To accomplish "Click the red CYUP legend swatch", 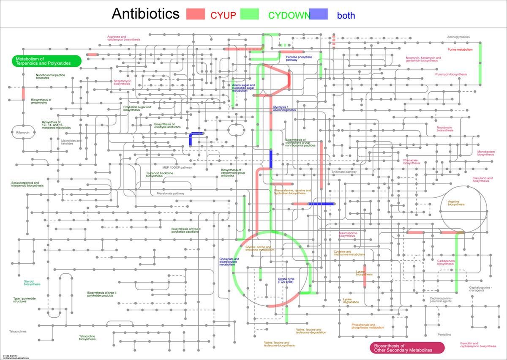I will coord(195,14).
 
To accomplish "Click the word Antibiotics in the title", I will coord(146,14).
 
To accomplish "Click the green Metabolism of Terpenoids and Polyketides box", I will coord(46,61).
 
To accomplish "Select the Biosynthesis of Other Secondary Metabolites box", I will coord(407,348).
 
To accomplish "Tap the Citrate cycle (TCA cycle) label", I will coord(286,280).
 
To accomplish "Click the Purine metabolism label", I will coord(459,49).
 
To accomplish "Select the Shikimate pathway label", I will coord(344,172).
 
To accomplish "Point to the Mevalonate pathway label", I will coord(168,194).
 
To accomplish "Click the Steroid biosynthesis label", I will coord(32,283).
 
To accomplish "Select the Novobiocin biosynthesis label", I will coord(445,129).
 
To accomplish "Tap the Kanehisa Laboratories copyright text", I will coord(16,358).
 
